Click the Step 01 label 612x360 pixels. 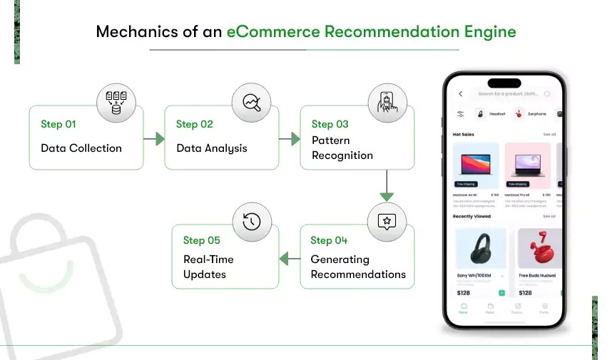[x=58, y=124]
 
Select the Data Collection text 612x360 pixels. [x=81, y=148]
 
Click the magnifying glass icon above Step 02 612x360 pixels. [x=251, y=102]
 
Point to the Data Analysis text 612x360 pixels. [x=212, y=148]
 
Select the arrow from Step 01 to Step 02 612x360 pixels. [x=154, y=139]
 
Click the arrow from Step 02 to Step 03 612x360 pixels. [x=290, y=139]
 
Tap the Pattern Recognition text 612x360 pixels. [x=342, y=148]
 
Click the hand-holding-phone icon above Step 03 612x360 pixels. [x=386, y=102]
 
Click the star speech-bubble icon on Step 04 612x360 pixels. [x=386, y=220]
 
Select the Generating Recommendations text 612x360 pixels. [x=358, y=267]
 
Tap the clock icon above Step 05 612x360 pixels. [x=251, y=220]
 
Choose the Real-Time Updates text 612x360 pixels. [x=208, y=267]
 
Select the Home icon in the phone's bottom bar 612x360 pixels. [x=463, y=307]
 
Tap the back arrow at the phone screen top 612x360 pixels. [x=460, y=93]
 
